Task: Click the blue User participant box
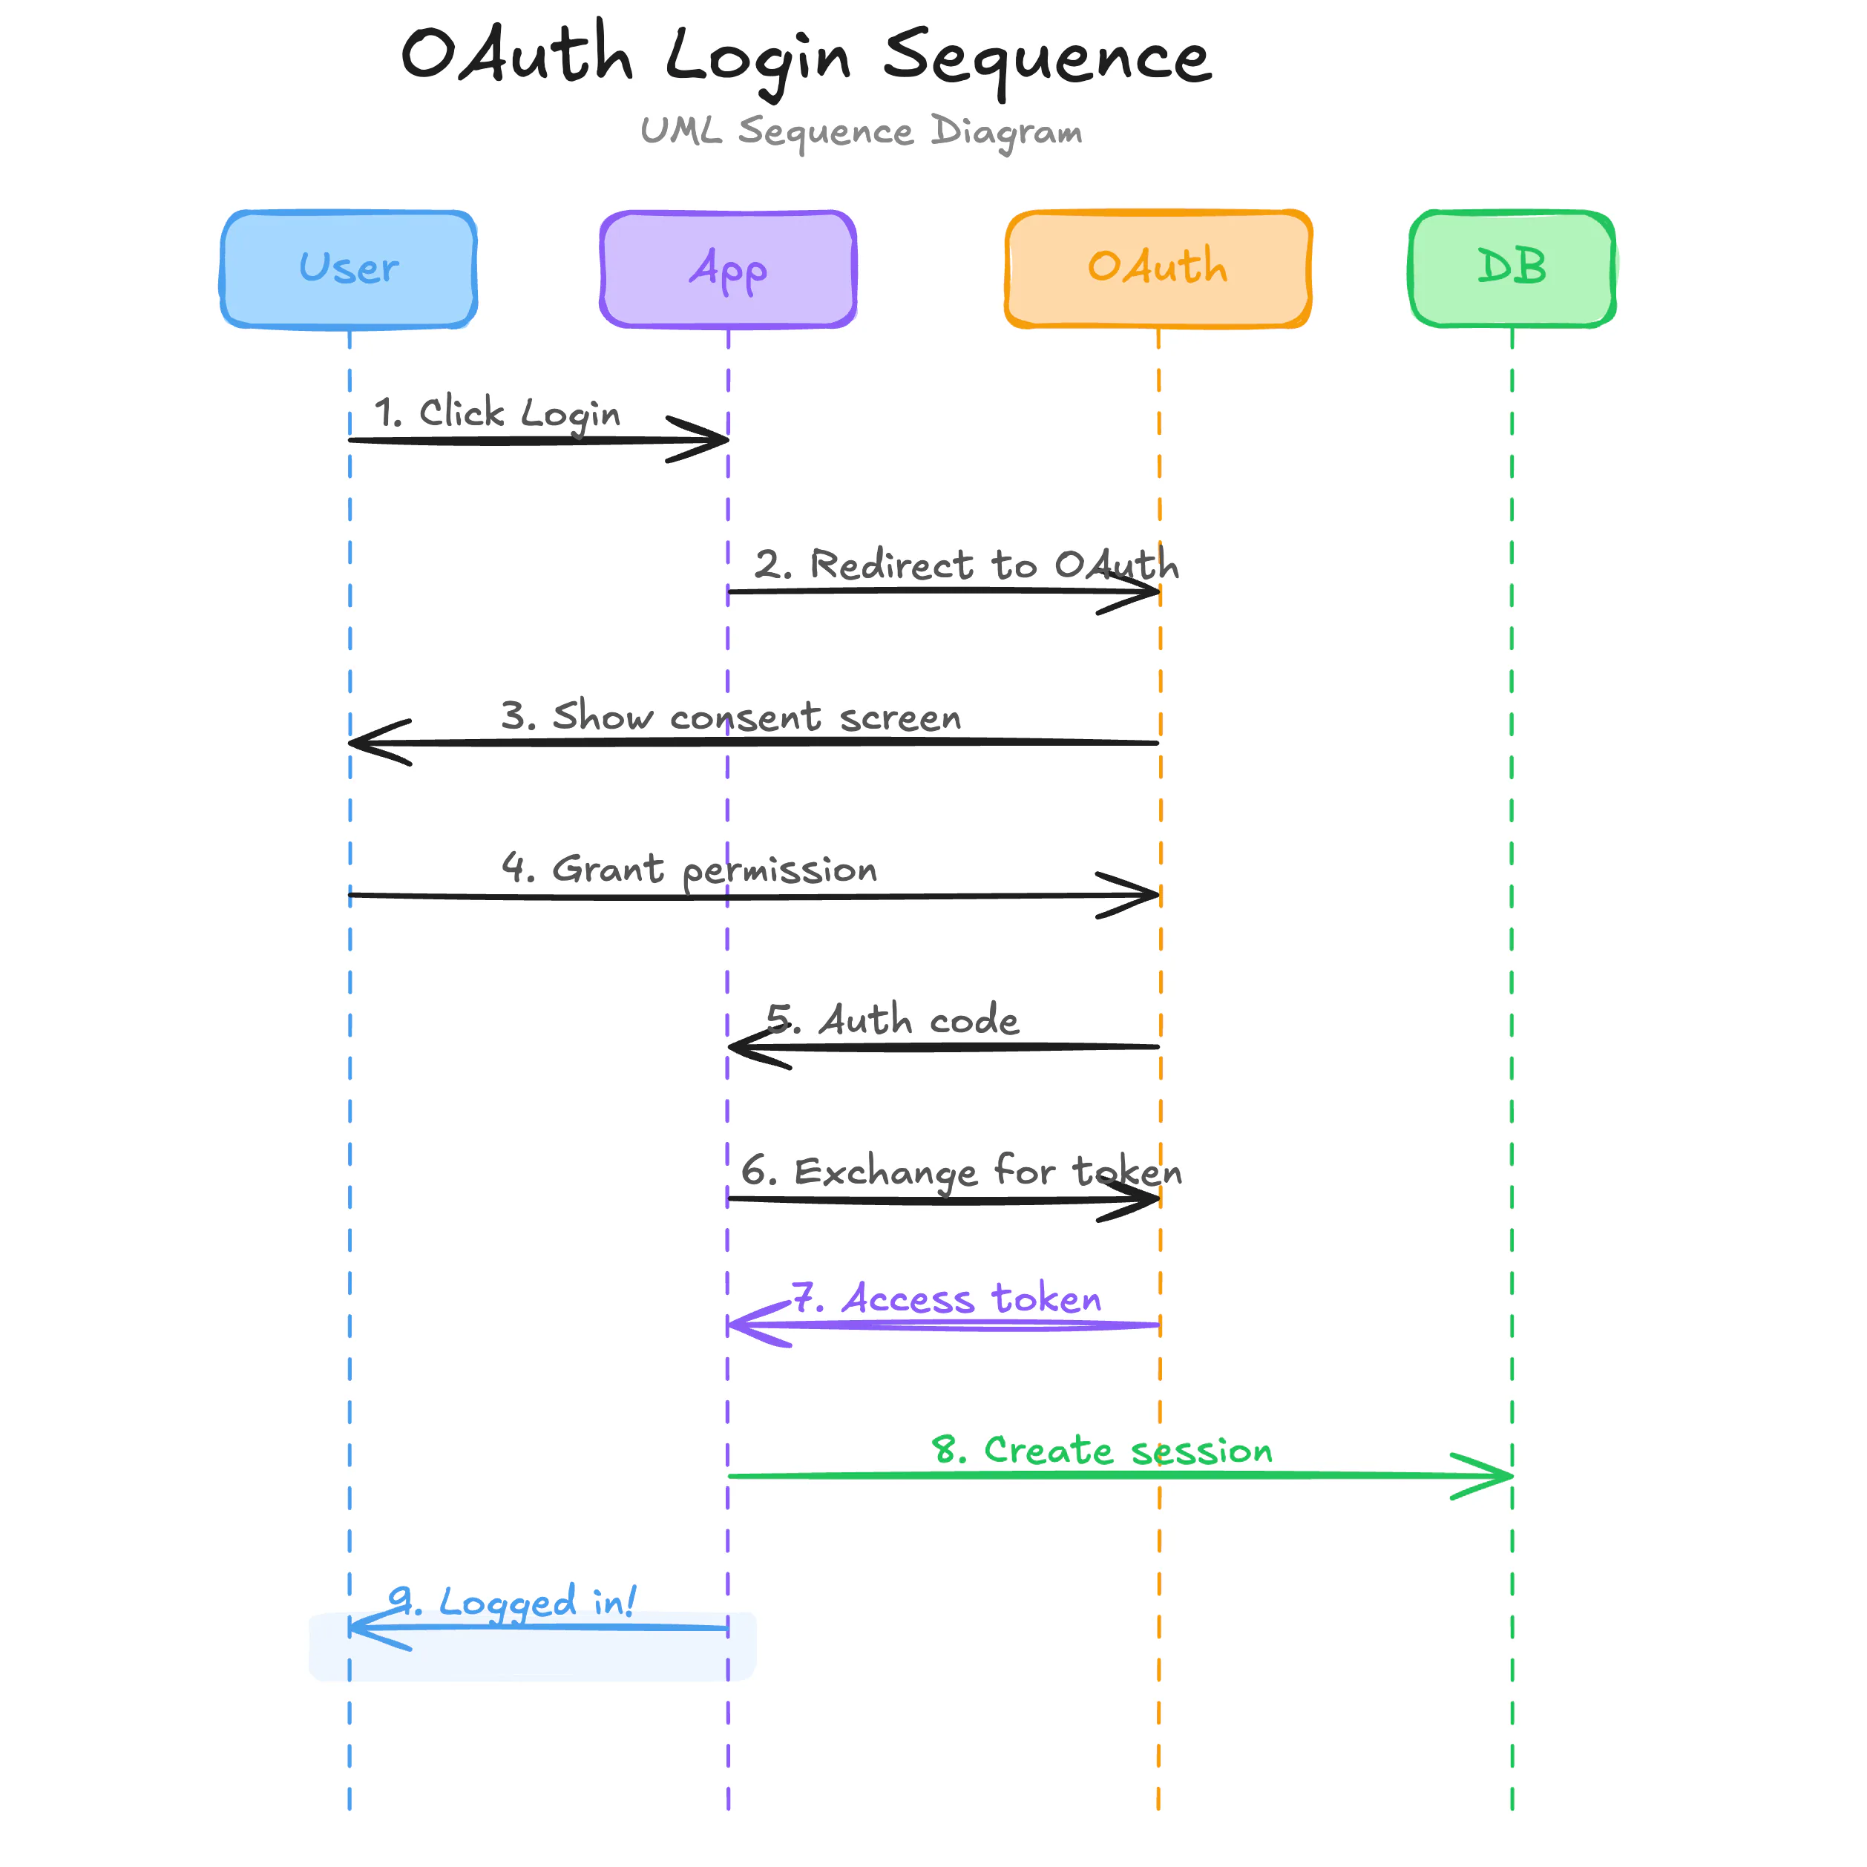[349, 269]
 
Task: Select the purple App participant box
[728, 269]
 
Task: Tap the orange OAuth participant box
[1158, 269]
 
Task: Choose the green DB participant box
[1512, 269]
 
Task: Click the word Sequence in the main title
[1046, 58]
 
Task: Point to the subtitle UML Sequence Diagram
[861, 131]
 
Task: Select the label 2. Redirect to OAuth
[966, 565]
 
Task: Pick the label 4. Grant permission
[689, 869]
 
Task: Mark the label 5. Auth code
[893, 1020]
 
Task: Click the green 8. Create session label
[1102, 1451]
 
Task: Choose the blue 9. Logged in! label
[512, 1602]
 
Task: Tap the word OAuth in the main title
[517, 55]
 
